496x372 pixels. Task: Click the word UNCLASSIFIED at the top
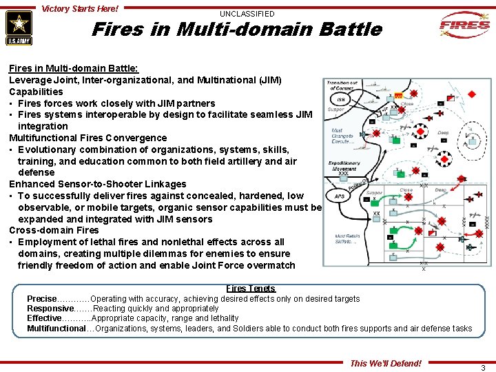(247, 14)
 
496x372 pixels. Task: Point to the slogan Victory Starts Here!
(80, 9)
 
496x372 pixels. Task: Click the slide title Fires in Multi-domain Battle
(236, 30)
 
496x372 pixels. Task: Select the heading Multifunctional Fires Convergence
(87, 138)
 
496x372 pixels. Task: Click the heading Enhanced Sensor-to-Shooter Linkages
(97, 184)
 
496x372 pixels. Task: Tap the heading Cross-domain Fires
(54, 231)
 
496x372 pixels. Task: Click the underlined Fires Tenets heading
(251, 289)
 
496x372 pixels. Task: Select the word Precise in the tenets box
(41, 299)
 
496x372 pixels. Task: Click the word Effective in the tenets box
(44, 318)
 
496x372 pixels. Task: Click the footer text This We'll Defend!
(386, 363)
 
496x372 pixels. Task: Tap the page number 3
(483, 368)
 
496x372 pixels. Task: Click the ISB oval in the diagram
(341, 99)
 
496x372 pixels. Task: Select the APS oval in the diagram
(340, 197)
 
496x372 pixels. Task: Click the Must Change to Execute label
(342, 135)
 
